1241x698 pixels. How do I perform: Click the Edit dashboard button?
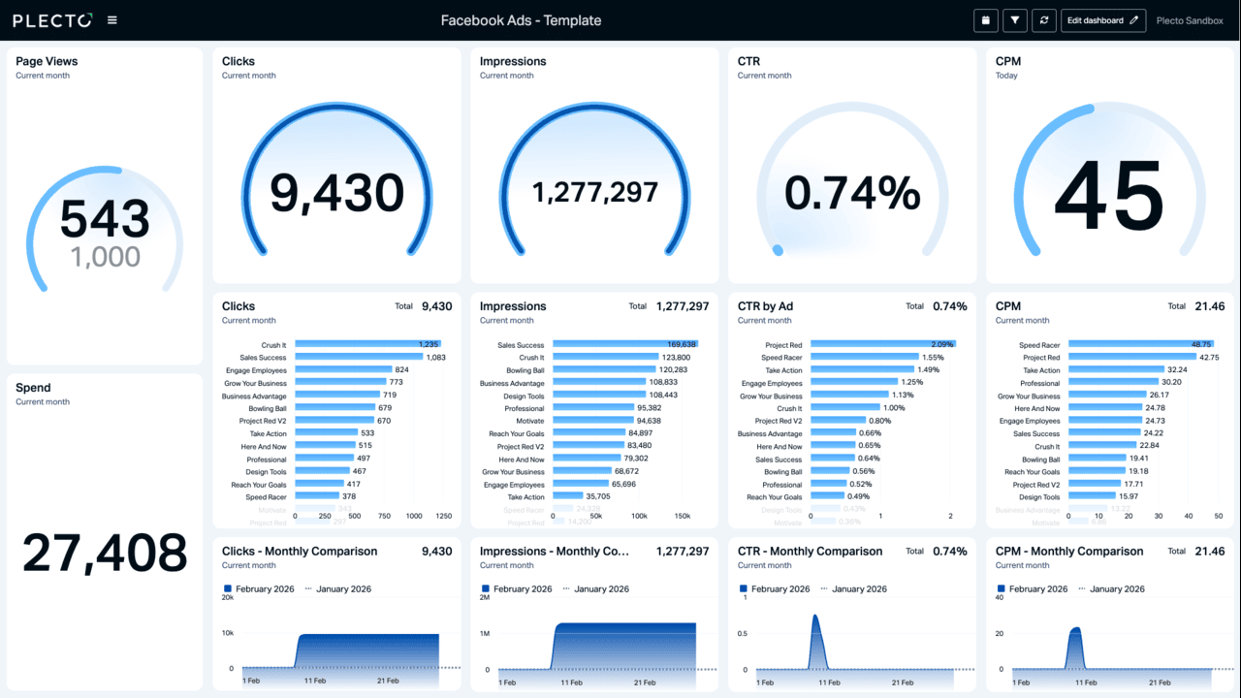pyautogui.click(x=1103, y=20)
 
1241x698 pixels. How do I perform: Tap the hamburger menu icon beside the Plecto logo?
pyautogui.click(x=112, y=20)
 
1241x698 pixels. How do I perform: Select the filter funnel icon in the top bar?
pyautogui.click(x=1014, y=20)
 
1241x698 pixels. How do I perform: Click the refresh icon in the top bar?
pyautogui.click(x=1044, y=20)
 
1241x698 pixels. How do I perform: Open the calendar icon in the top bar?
pyautogui.click(x=985, y=20)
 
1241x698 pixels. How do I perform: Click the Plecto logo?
pyautogui.click(x=52, y=20)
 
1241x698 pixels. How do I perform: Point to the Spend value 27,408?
pyautogui.click(x=105, y=553)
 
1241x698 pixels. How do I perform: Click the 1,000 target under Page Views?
pyautogui.click(x=105, y=257)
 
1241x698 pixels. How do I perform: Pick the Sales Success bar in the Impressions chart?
pyautogui.click(x=624, y=344)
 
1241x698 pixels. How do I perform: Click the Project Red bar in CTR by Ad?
pyautogui.click(x=882, y=344)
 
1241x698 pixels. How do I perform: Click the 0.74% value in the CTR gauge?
pyautogui.click(x=852, y=193)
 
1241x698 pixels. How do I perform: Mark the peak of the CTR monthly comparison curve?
pyautogui.click(x=815, y=616)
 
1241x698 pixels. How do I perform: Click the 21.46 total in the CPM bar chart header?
pyautogui.click(x=1210, y=306)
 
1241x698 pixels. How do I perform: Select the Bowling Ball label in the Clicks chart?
pyautogui.click(x=266, y=408)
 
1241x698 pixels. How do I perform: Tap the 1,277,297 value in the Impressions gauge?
pyautogui.click(x=595, y=193)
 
